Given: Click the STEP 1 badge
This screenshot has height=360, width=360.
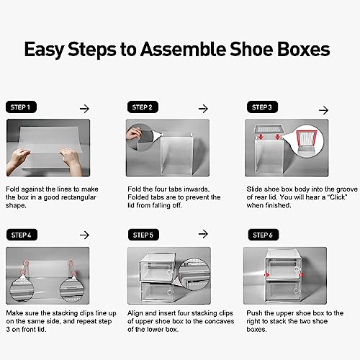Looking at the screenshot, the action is [x=21, y=107].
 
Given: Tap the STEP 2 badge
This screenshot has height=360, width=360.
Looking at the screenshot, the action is [x=143, y=107].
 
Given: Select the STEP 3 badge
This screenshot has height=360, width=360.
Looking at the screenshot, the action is [x=262, y=107].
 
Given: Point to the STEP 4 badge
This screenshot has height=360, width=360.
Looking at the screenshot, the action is [x=22, y=235].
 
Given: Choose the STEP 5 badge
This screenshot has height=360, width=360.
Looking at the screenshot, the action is [x=143, y=235].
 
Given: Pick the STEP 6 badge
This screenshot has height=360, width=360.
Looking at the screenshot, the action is [x=264, y=235].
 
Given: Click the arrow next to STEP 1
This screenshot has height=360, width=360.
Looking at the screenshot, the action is [x=84, y=109].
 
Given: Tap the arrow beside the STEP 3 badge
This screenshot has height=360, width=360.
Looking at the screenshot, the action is [x=323, y=110].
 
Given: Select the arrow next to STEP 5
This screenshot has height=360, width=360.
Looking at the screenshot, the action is [x=203, y=234].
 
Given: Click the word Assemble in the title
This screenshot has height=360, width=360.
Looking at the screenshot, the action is [x=184, y=49].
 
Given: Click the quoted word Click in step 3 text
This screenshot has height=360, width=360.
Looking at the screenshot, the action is [x=337, y=197].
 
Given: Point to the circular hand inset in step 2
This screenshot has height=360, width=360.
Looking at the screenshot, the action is [x=139, y=137].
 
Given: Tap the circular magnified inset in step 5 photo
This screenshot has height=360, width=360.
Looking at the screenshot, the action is [x=194, y=274].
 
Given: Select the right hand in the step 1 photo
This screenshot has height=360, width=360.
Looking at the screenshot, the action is [x=71, y=160].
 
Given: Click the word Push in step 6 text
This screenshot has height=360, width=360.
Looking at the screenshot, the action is [x=254, y=313].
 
